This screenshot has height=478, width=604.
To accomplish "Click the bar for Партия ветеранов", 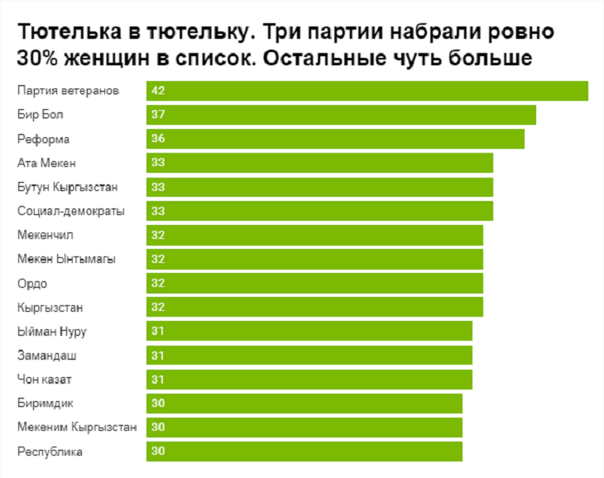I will tap(367, 90).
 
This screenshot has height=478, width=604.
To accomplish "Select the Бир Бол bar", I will tap(341, 114).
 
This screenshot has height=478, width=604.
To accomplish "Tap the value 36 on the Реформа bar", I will tap(158, 139).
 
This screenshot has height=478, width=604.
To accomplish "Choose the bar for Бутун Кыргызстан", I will tap(319, 187).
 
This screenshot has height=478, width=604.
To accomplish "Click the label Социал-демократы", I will tap(71, 211).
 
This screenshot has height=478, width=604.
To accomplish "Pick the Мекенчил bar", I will tap(314, 235).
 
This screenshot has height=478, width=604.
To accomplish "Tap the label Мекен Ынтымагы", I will tap(66, 259).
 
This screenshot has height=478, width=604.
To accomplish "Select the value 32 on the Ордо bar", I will tap(158, 283).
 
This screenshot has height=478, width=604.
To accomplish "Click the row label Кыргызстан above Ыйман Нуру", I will tap(50, 308).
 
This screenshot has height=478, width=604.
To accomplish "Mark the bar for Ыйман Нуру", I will tap(309, 332).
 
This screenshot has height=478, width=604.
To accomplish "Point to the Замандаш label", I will tap(47, 356).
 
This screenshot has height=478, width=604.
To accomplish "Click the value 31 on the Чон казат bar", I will tap(158, 380).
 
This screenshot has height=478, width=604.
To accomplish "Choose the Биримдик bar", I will tap(304, 404).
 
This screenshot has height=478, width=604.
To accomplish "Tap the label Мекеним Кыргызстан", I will tap(77, 428).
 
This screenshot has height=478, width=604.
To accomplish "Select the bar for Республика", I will tap(304, 452).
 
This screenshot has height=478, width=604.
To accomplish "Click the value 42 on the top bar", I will tap(158, 90).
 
